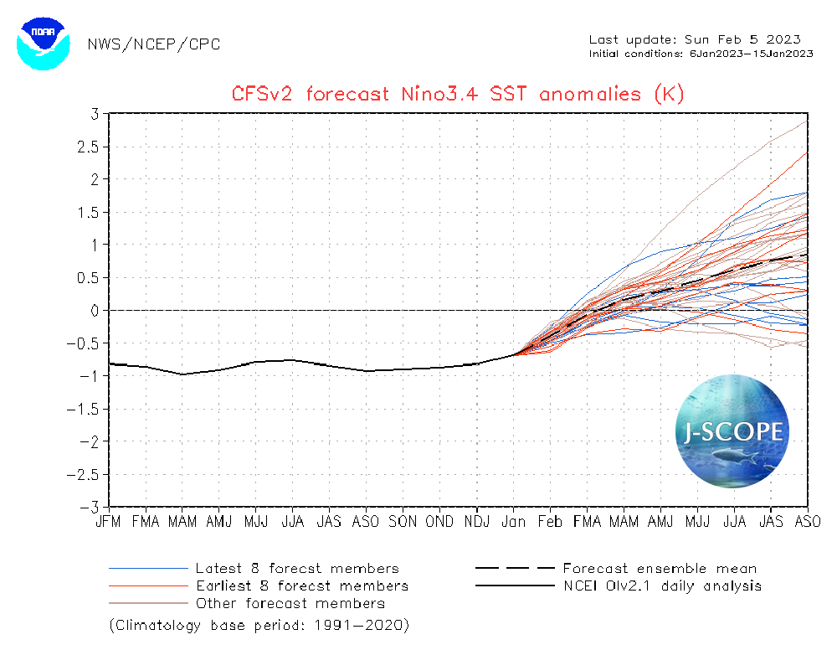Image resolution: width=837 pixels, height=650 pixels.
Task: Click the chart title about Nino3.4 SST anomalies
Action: pos(458,94)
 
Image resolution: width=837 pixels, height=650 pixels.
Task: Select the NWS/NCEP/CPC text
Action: pos(154,44)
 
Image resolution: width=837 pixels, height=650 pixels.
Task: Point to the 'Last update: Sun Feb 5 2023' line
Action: pos(695,39)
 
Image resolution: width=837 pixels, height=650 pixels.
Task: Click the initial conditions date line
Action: pos(701,54)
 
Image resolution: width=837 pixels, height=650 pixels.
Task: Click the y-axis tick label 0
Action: pos(95,311)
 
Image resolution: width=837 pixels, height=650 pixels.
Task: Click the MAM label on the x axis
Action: pos(182,521)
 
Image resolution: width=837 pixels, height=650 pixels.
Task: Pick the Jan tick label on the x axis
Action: pos(513,521)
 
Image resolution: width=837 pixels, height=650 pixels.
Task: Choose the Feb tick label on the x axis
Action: pos(550,521)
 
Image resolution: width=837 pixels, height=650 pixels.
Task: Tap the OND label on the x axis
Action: pos(439,521)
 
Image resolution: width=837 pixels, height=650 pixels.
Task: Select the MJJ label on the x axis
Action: pos(256,521)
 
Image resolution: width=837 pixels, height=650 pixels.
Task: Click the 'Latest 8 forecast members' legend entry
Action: pos(297,569)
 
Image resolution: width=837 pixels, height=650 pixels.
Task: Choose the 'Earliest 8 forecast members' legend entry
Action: pos(302,586)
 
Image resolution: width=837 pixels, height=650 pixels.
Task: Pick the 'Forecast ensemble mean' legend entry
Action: pos(660,569)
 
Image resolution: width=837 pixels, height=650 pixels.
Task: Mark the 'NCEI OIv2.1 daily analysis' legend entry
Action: pos(662,586)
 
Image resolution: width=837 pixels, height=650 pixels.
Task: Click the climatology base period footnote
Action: pos(259,626)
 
